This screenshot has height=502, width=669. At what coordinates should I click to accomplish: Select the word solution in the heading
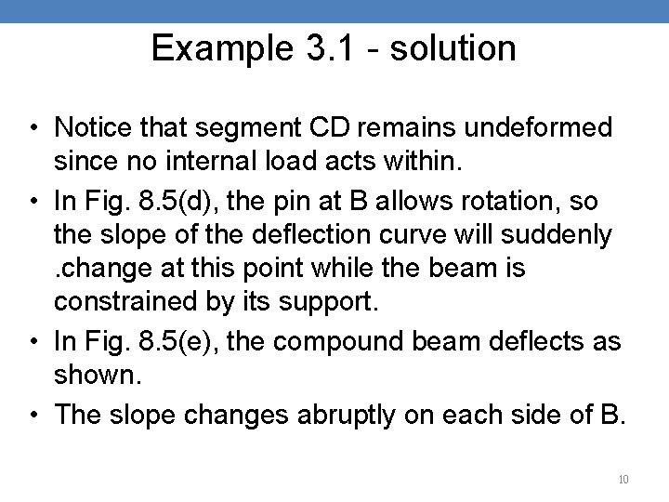tap(453, 49)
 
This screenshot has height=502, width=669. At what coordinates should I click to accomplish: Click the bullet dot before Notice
tap(34, 126)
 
